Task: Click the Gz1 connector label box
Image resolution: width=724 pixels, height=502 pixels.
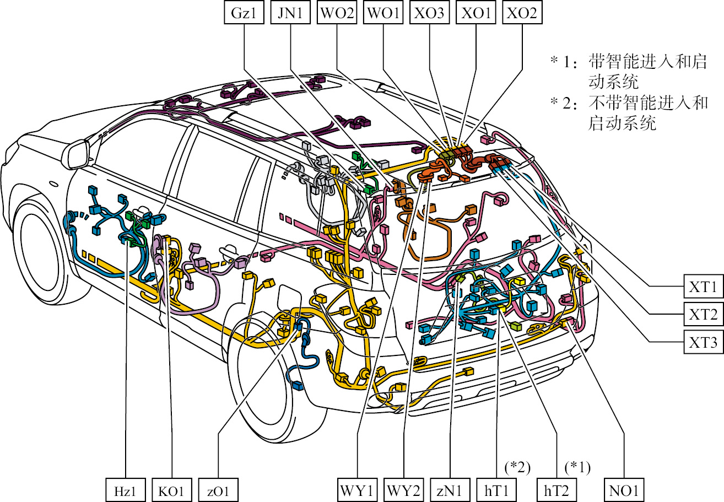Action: [244, 13]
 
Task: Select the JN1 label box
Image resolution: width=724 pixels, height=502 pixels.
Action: [290, 13]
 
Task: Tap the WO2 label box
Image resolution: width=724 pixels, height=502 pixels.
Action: [337, 13]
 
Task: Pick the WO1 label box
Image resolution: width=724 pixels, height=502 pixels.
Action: [383, 13]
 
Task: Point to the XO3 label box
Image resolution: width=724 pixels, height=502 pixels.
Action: [430, 13]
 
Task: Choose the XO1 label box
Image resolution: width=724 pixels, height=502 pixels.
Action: [476, 13]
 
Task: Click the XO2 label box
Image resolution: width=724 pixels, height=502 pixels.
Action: [522, 13]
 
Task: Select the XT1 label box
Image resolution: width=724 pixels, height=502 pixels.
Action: [703, 287]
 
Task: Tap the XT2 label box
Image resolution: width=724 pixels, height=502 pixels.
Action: [703, 314]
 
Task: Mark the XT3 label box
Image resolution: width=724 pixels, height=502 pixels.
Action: [703, 342]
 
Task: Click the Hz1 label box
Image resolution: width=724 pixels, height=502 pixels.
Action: [126, 490]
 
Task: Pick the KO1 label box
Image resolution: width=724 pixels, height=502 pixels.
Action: [172, 490]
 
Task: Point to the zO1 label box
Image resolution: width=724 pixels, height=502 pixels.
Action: [218, 490]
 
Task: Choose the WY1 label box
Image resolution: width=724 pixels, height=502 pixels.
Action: [357, 490]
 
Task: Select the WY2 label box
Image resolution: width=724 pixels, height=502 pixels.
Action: [404, 490]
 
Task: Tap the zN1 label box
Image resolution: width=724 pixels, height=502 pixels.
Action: [450, 490]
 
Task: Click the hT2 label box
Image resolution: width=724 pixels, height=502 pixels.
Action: [556, 490]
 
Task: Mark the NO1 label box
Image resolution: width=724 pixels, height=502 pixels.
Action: [624, 490]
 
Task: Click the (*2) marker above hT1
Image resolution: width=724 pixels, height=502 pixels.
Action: [517, 468]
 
